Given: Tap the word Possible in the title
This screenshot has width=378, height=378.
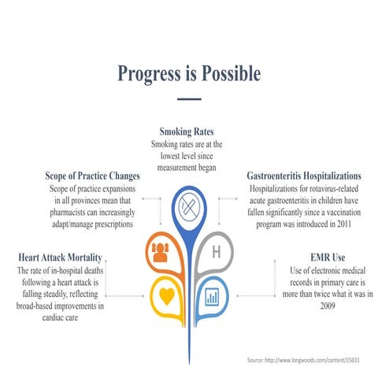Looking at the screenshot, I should (231, 74).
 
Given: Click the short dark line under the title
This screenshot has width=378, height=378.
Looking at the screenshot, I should (189, 99).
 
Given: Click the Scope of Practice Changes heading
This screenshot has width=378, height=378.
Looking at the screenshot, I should (93, 176).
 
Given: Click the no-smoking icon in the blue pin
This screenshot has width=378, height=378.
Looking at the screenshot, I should (189, 207).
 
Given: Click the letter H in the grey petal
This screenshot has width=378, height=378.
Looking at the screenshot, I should (216, 252).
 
